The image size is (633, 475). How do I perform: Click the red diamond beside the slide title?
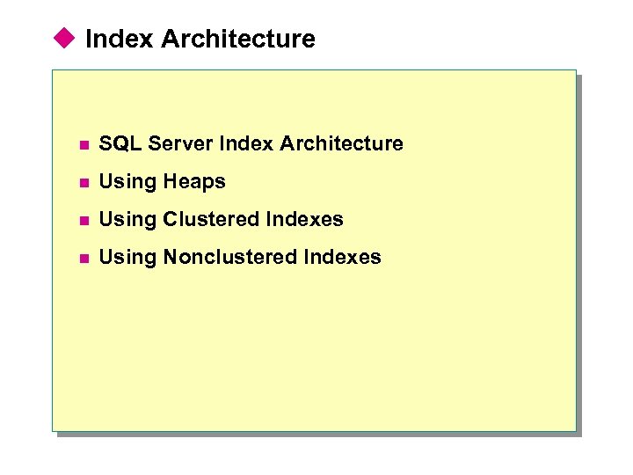pyautogui.click(x=63, y=38)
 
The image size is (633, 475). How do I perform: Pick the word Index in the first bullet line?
pyautogui.click(x=245, y=143)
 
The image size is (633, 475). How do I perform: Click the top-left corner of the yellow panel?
pyautogui.click(x=53, y=71)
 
